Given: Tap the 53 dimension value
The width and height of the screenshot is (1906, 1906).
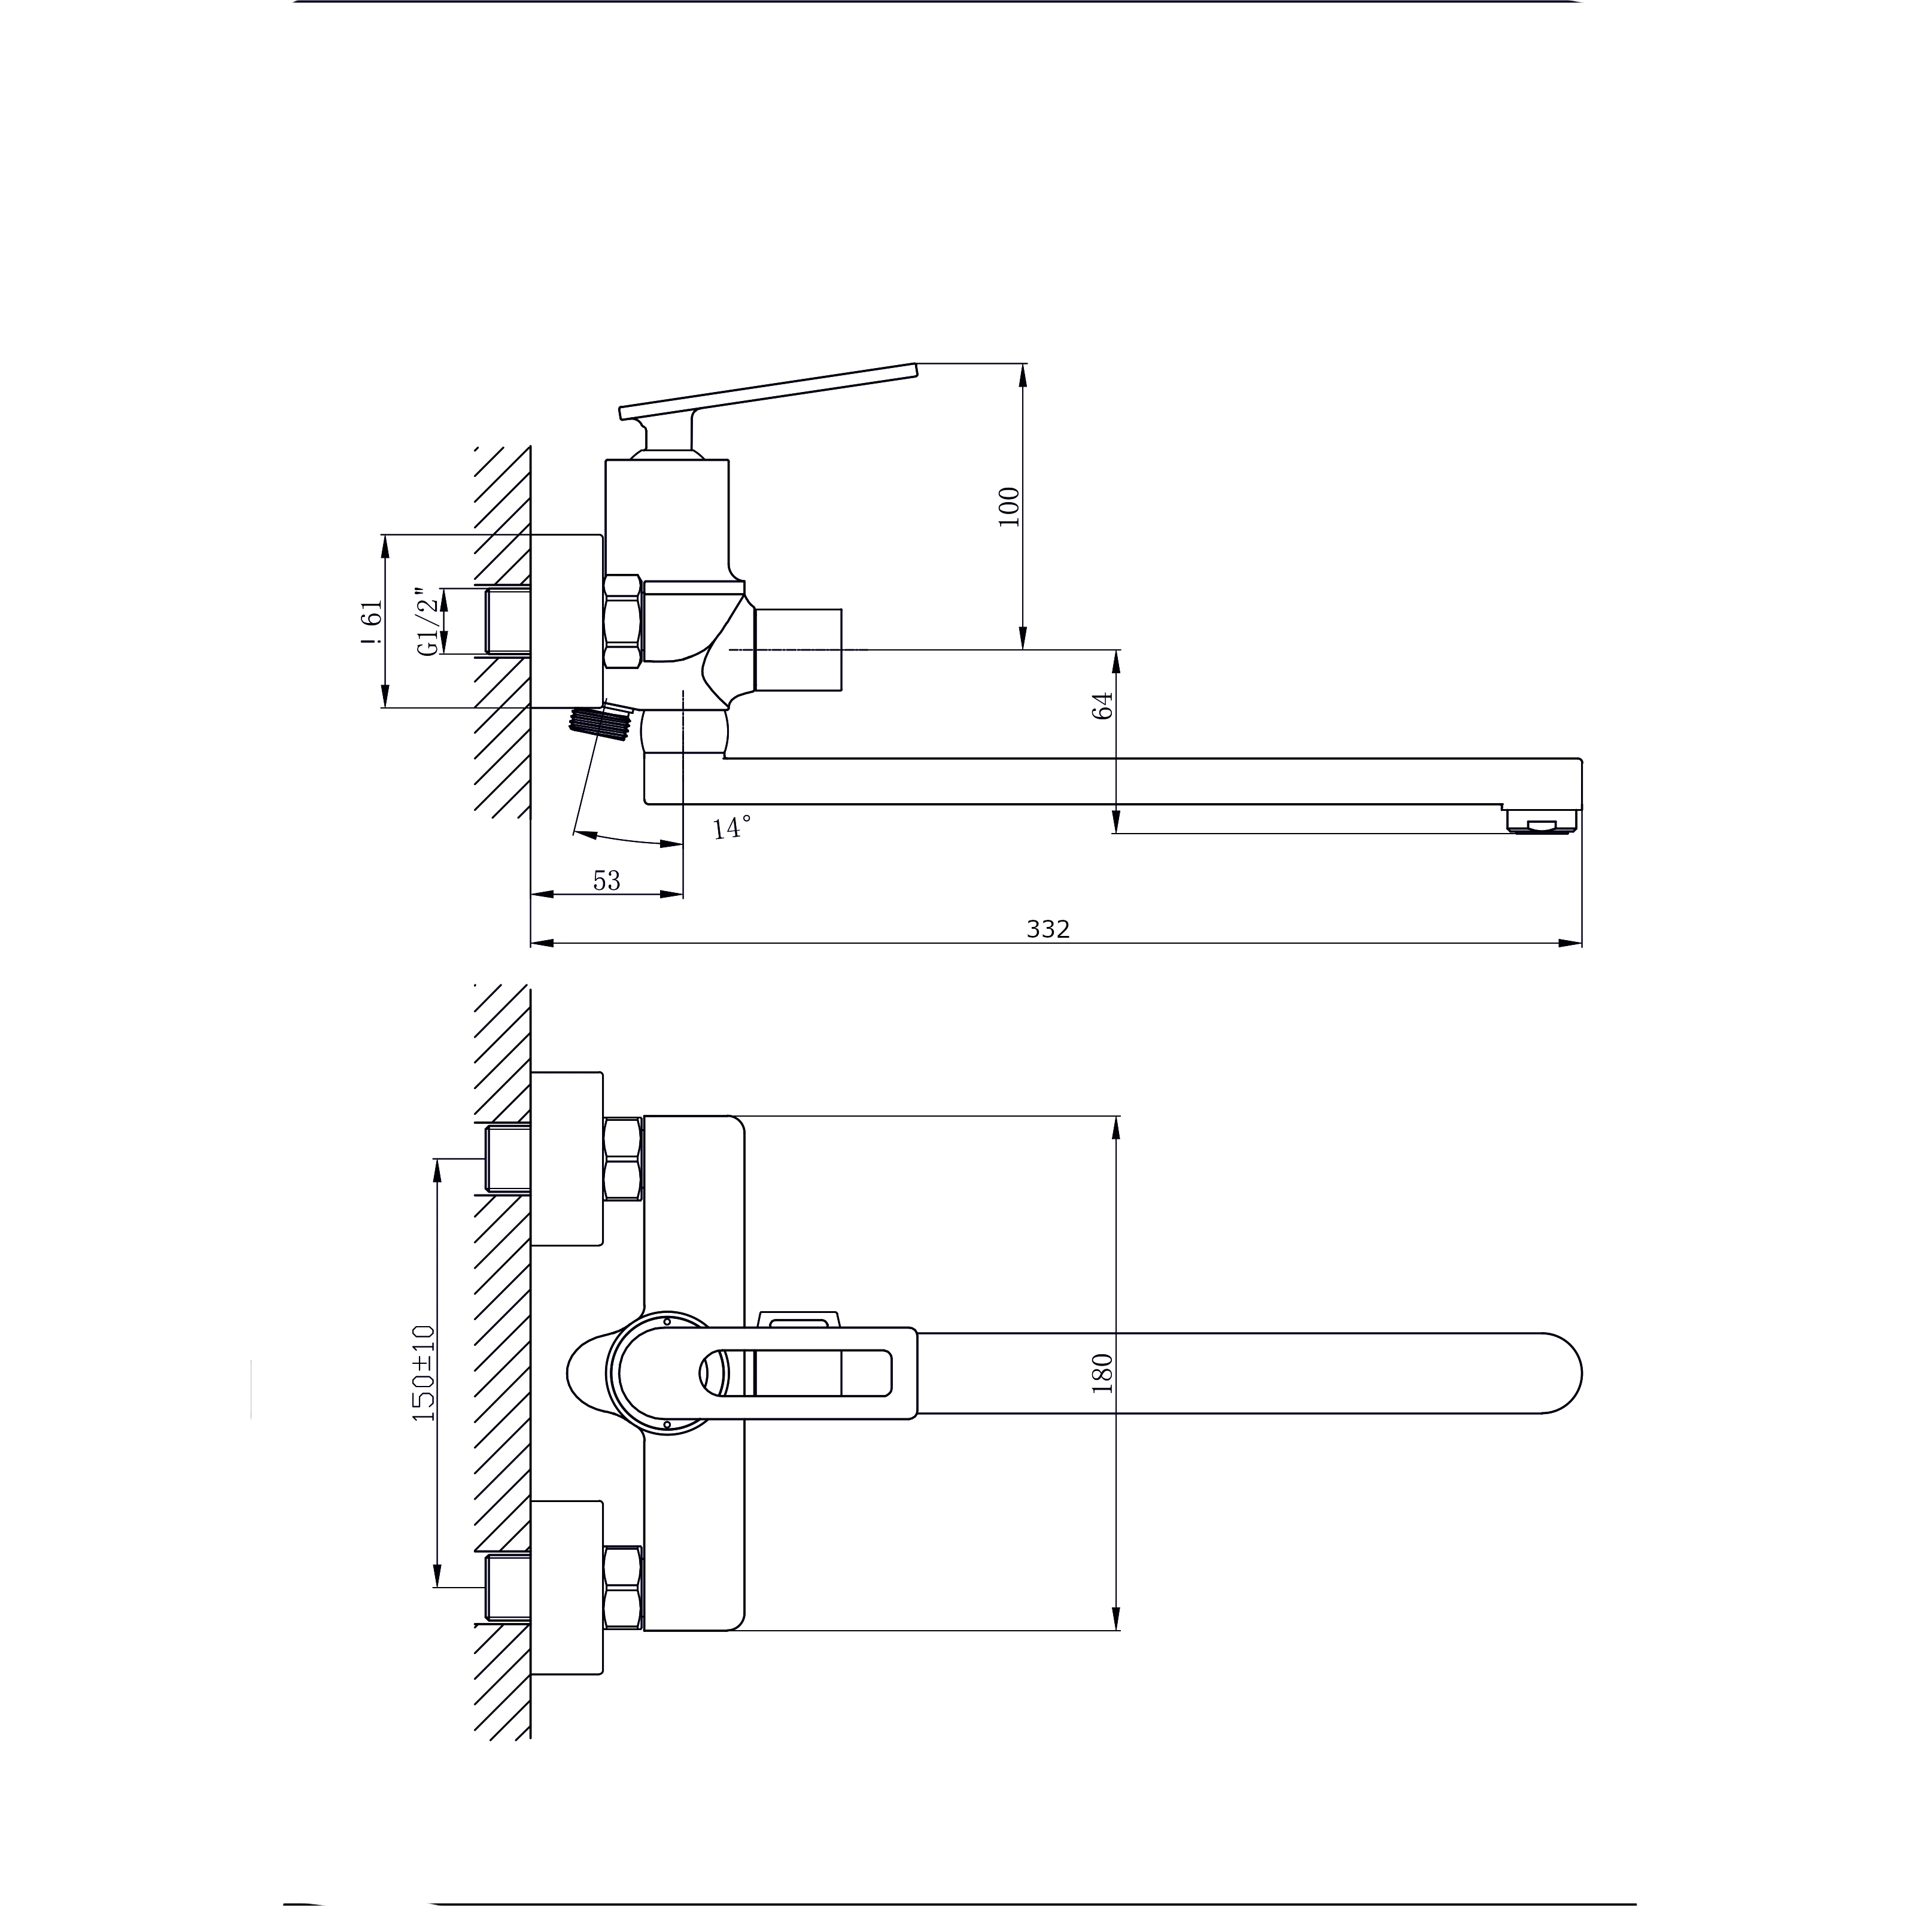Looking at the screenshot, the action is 607,880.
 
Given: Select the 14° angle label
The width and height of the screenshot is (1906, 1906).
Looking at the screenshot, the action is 731,826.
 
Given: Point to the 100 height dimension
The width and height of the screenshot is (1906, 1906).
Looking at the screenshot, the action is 1008,506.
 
